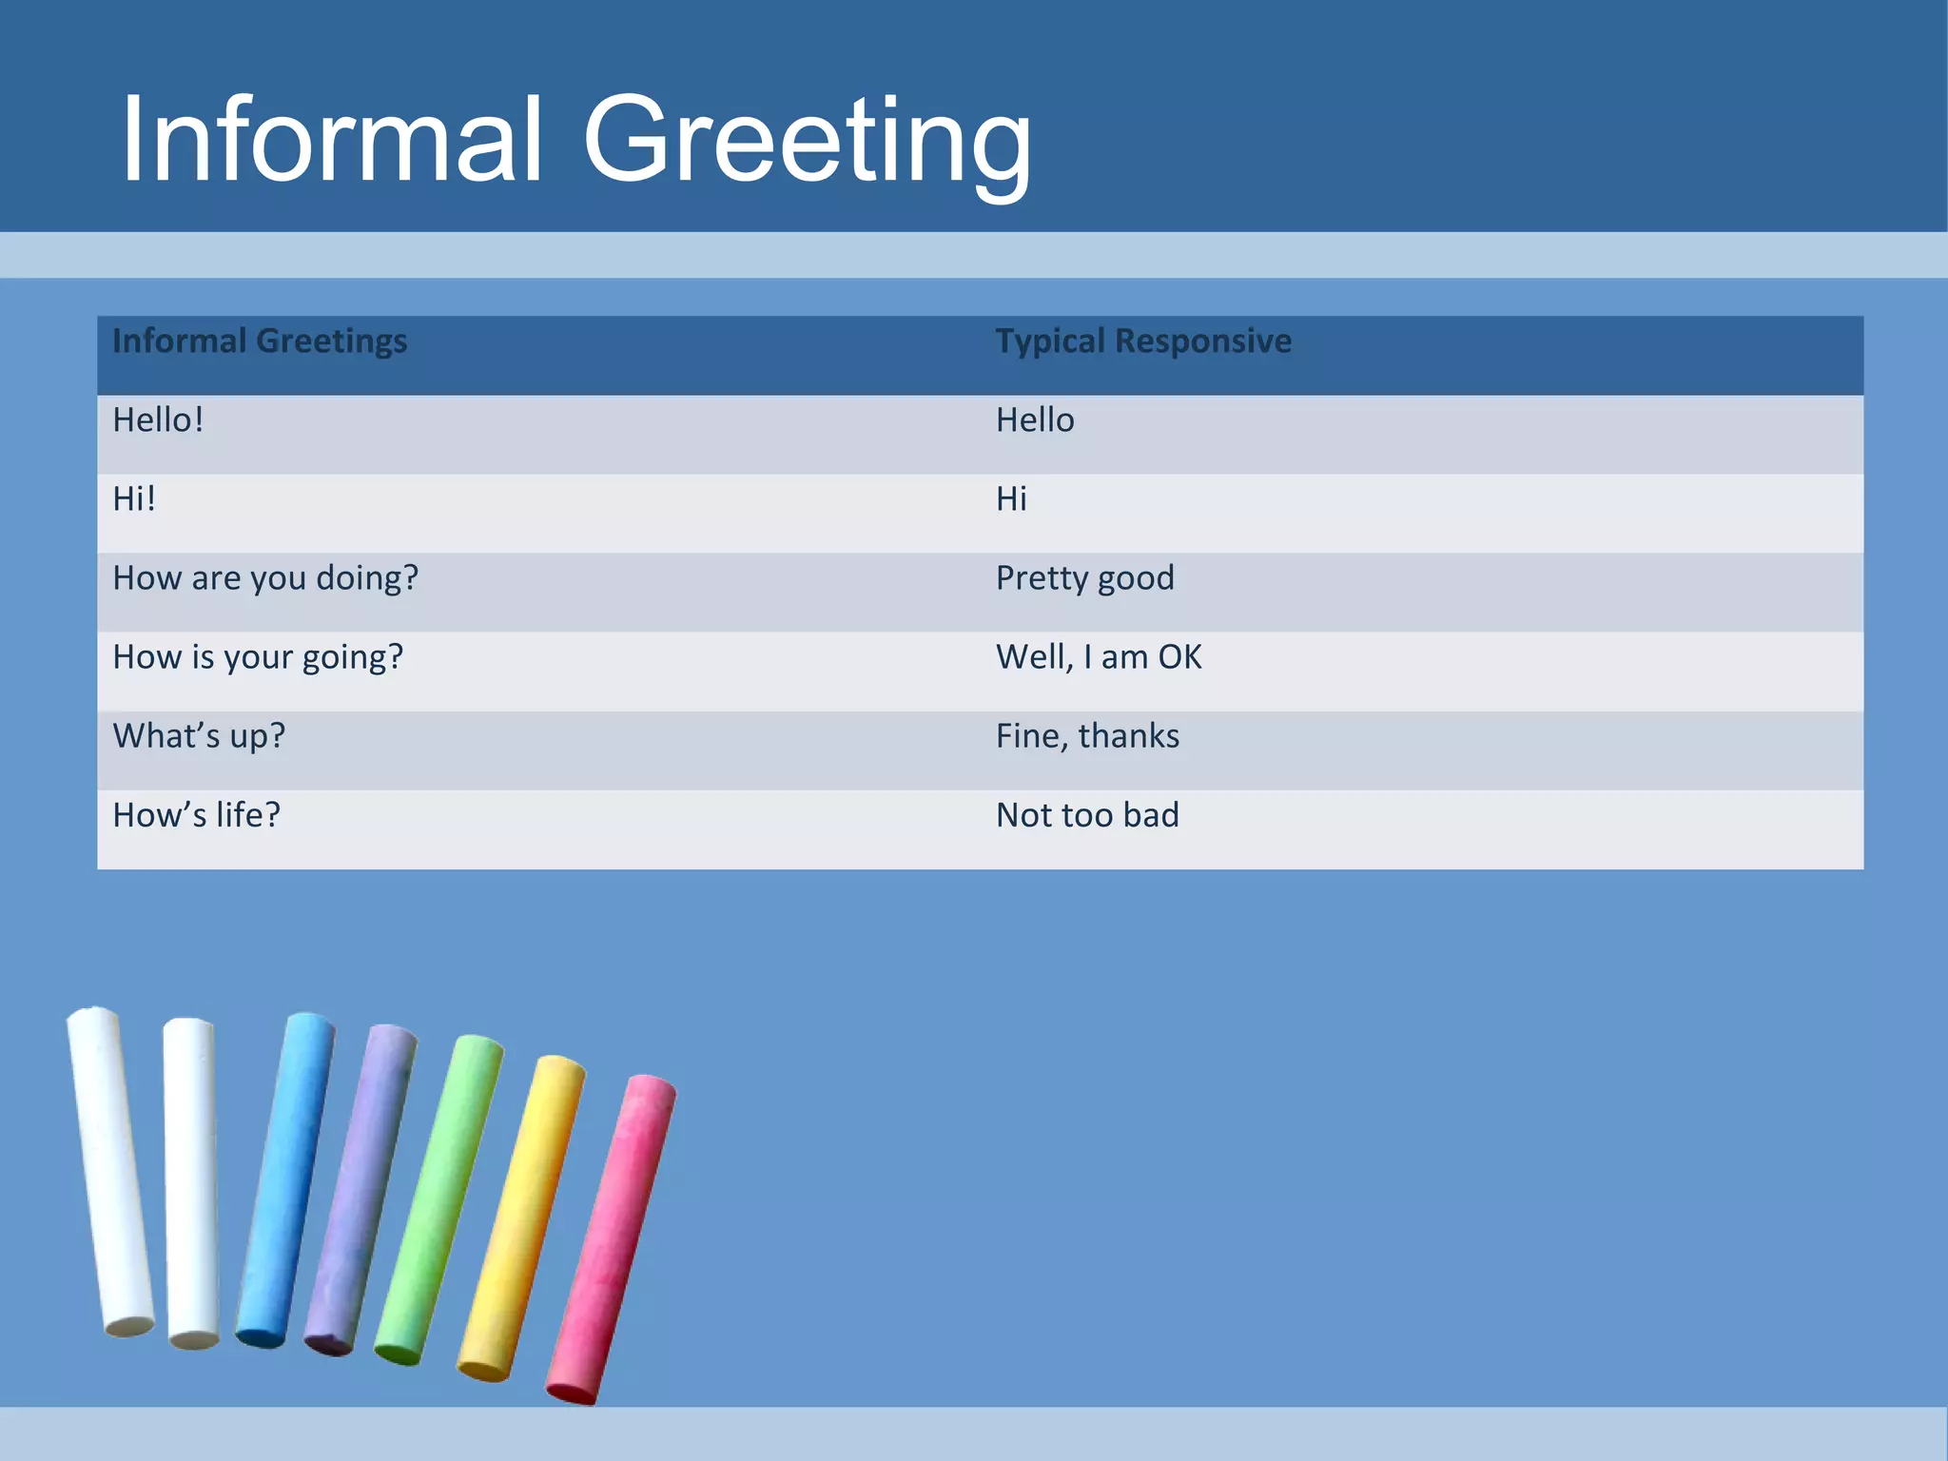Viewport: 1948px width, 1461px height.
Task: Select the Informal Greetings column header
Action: click(260, 341)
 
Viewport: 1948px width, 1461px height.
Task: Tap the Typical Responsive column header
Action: click(1143, 341)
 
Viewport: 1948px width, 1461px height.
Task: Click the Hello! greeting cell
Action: click(158, 420)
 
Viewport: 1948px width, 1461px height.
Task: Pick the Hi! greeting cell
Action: click(134, 499)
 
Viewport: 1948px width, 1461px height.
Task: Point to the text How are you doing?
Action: click(265, 578)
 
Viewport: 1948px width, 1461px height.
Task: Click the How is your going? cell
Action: click(258, 657)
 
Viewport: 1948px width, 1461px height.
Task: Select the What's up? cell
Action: click(199, 736)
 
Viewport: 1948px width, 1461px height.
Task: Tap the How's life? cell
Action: click(196, 815)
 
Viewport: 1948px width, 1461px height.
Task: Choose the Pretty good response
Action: click(1084, 578)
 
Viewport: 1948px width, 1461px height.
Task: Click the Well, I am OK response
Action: click(1099, 657)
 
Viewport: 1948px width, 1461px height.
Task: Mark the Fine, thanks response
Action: click(1087, 736)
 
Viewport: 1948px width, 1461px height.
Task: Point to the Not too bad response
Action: click(1087, 815)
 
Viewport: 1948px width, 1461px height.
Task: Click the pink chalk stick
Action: click(612, 1237)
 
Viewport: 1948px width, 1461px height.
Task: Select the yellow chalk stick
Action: click(522, 1217)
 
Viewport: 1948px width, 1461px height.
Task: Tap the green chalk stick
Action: click(439, 1198)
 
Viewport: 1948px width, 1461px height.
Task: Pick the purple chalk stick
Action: click(361, 1189)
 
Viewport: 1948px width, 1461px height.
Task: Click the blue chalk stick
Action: click(285, 1179)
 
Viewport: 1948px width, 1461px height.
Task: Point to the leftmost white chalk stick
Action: click(110, 1170)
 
